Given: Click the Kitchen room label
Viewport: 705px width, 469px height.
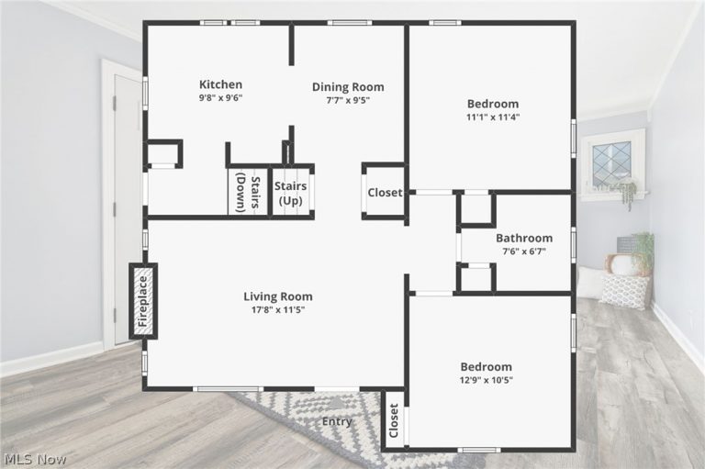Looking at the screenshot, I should coord(220,84).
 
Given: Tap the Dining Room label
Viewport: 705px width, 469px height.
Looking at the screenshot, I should coord(348,87).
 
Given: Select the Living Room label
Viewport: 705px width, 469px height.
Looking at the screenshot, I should coord(277,296).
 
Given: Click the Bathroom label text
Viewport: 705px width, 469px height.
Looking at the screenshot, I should coord(524,238).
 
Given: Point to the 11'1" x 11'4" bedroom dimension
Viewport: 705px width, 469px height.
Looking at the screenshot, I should coord(492,117).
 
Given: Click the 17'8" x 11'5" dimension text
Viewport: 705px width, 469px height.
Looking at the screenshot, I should coord(277,310).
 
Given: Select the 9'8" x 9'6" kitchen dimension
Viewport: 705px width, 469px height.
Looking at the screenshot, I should coord(220,97).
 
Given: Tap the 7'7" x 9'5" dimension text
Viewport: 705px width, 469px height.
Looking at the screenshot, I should coord(348,100).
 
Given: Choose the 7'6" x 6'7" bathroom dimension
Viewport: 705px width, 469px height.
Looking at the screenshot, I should coord(524,251).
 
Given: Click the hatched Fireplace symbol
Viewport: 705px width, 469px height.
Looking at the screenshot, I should coord(142,301).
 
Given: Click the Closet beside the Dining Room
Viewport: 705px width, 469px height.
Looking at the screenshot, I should coord(385,193).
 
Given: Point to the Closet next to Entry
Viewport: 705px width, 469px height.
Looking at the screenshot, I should coord(393,420).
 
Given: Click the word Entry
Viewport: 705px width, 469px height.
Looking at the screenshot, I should coord(337,422).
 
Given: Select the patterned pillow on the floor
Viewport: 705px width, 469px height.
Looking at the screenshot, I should coord(625,291).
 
